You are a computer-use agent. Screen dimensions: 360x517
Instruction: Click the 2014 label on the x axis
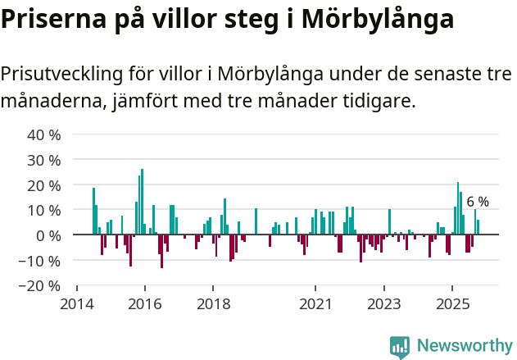click(77, 303)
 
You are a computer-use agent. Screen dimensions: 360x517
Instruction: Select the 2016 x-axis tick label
click(145, 303)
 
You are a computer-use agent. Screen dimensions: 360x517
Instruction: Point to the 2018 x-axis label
click(213, 303)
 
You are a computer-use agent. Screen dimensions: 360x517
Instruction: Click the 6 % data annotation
click(478, 202)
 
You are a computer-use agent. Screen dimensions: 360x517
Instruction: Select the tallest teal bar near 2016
click(142, 201)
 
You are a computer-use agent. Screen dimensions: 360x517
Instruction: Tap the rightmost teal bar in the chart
click(478, 227)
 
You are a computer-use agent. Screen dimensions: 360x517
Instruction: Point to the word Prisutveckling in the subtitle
click(61, 74)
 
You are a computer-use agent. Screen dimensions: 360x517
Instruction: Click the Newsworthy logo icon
click(400, 346)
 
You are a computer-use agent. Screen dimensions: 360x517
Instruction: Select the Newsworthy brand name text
click(464, 346)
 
